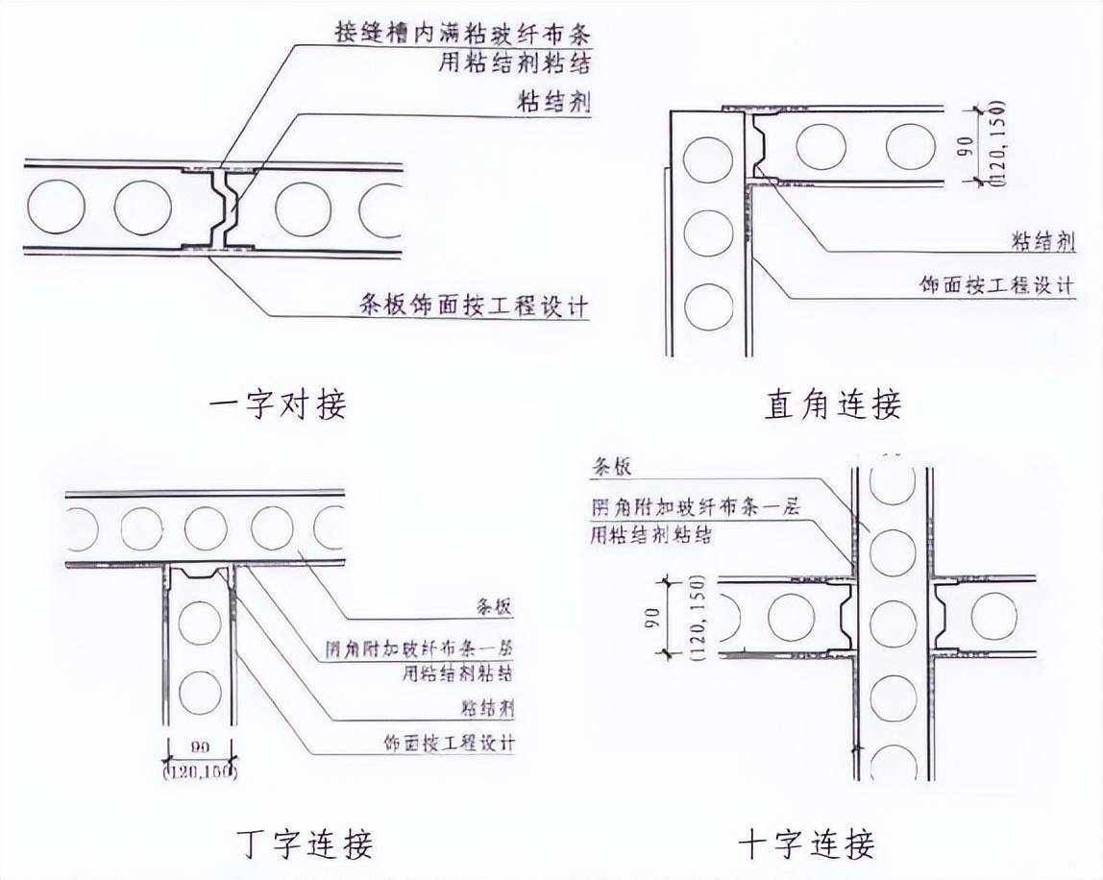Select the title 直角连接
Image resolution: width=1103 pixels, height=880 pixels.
[833, 404]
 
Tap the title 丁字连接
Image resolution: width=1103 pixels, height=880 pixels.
[304, 843]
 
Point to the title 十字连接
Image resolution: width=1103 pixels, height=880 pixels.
[807, 843]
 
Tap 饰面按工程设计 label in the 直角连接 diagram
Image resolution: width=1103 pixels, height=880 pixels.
[995, 285]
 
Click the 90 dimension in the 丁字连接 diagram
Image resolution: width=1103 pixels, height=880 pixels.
[200, 746]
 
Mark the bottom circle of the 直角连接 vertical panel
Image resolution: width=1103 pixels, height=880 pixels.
[709, 303]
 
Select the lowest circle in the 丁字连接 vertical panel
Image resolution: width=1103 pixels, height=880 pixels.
[200, 694]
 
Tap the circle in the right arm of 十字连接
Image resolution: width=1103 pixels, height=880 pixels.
[993, 617]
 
